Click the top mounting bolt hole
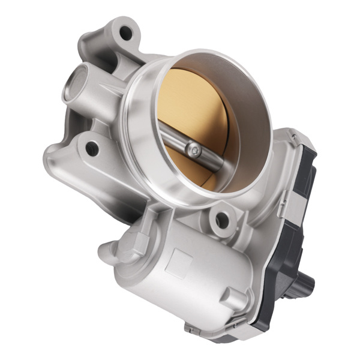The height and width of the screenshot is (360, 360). [x=126, y=32]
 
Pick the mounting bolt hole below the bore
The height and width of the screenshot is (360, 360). [x=223, y=220]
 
